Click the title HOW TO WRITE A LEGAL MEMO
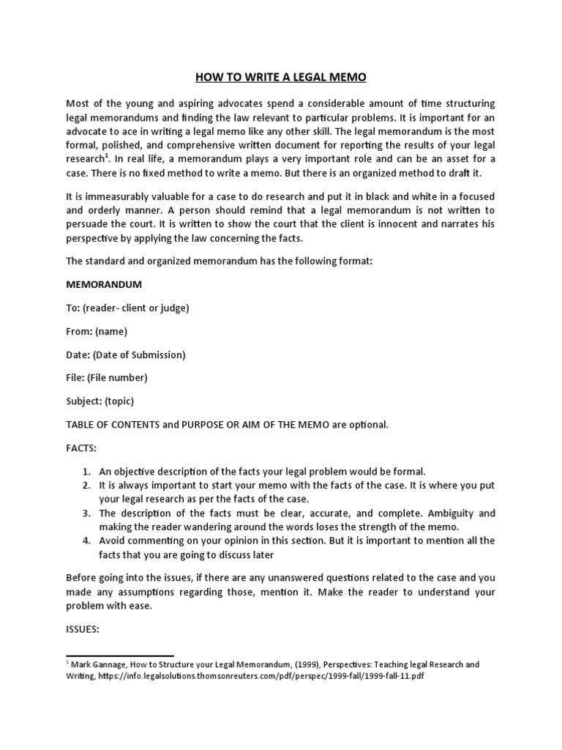(x=280, y=77)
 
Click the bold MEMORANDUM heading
(x=104, y=283)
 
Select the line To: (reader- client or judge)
(x=127, y=308)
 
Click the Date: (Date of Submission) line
(x=126, y=354)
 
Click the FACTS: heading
(x=81, y=448)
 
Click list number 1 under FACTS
(x=86, y=471)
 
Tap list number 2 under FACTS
(x=86, y=486)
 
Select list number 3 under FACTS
(x=86, y=513)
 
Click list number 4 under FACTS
(x=86, y=541)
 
